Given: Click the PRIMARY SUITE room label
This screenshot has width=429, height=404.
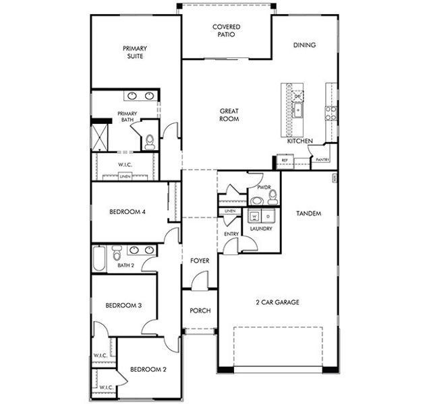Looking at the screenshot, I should pos(135,53).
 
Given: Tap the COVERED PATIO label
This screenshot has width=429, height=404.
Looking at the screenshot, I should pos(227,31).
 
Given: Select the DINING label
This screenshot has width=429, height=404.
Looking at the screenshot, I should pos(304,45).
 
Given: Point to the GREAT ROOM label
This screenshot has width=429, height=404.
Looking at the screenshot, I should pos(229,115).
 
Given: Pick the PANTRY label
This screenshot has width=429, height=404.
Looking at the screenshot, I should pos(322,160).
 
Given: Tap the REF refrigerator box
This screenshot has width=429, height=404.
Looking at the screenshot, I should pos(284,160).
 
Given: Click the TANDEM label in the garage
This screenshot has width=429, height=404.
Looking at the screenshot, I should pos(308,213).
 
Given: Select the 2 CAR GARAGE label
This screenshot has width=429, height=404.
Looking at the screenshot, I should pos(277,302).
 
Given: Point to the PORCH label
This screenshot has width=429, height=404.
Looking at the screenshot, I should pos(200,310).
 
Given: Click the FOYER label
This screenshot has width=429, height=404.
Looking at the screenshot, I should pos(200,261).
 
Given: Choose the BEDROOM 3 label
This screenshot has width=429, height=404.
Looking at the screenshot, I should pos(123,306).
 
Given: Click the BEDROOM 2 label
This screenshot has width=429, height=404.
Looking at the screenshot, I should pos(148,369).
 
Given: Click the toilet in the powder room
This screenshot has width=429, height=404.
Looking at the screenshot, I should pos(273,197).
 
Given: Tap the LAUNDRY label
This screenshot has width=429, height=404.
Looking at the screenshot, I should pos(260,229).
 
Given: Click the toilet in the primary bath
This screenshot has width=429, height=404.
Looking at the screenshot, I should pos(149,141).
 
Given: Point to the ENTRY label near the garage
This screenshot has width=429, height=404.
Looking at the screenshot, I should pos(231,234).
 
